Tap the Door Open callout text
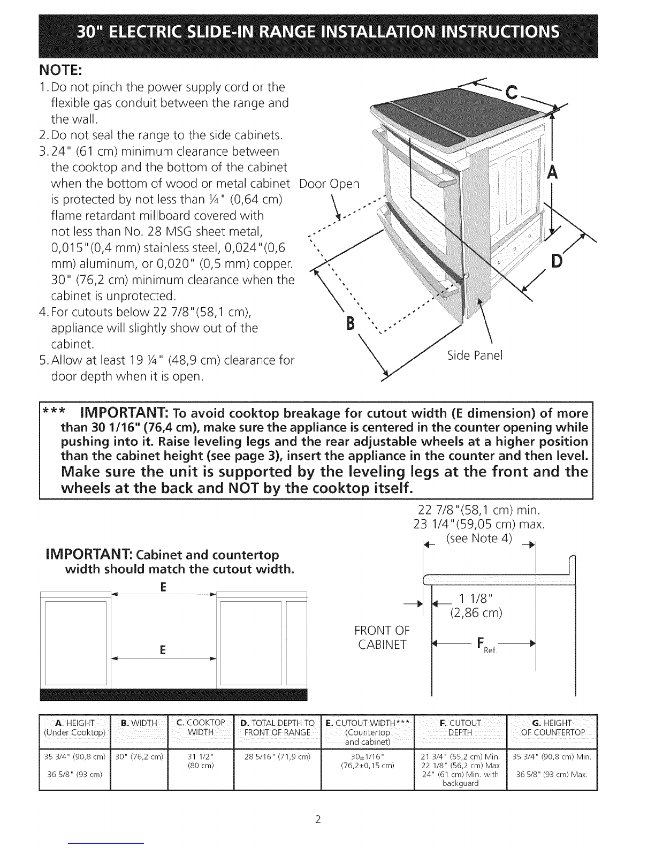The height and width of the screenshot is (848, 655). point(329,184)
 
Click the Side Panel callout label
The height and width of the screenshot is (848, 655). point(475,355)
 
